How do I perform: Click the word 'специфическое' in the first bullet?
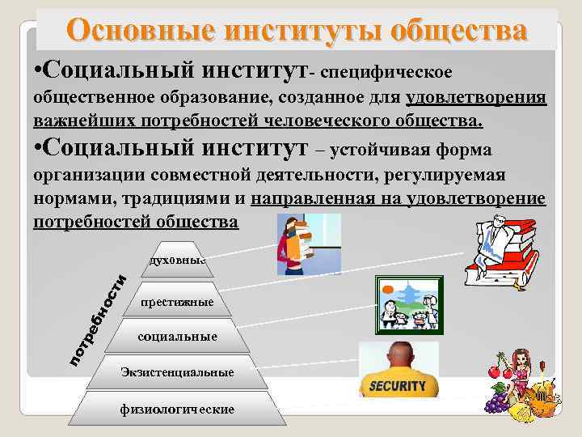click(x=386, y=74)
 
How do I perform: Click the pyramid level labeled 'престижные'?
click(x=176, y=302)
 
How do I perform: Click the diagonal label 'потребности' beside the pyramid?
click(x=96, y=316)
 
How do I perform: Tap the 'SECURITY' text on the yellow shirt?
click(x=397, y=386)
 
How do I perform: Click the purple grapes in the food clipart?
click(x=495, y=401)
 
